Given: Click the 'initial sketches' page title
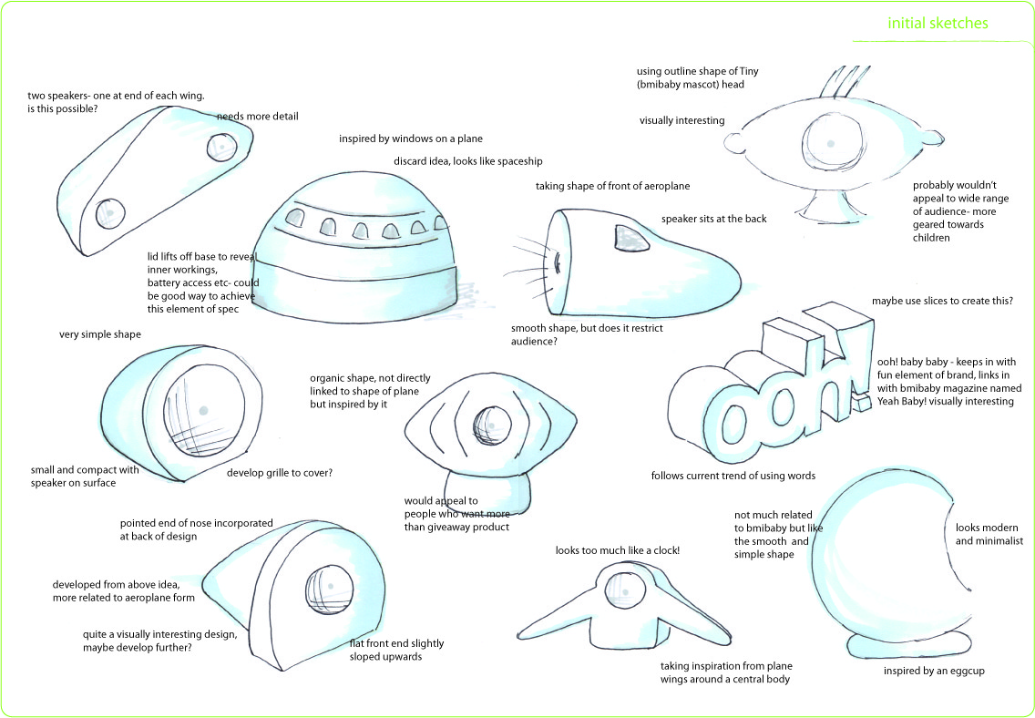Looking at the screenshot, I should coord(938,24).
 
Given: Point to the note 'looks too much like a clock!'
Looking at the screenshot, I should coord(618,550).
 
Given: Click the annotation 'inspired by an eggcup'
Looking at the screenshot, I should coord(934,672).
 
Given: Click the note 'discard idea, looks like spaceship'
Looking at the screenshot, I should coord(467,161).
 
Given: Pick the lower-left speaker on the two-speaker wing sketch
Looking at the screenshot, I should coord(109,212).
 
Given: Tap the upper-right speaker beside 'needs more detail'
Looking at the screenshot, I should coord(221,146).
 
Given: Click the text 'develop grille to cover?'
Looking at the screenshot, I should coord(279,473).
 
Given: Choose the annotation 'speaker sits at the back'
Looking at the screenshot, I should coord(713,219).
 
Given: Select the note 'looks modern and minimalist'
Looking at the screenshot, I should coord(989,534).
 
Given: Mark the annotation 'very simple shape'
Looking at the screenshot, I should coord(100,335).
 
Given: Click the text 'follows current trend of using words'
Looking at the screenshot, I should coord(733,476).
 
